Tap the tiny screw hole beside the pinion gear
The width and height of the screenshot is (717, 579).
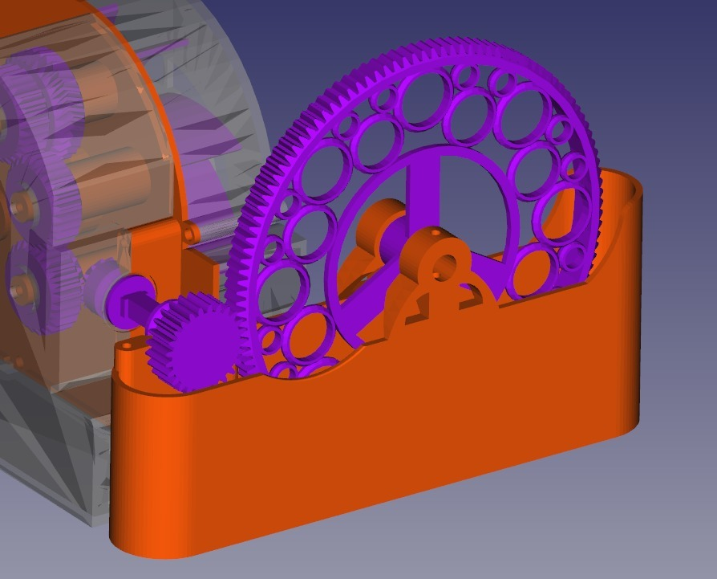126,346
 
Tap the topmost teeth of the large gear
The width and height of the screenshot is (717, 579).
449,44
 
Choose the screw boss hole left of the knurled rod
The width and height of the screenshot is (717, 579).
190,233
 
